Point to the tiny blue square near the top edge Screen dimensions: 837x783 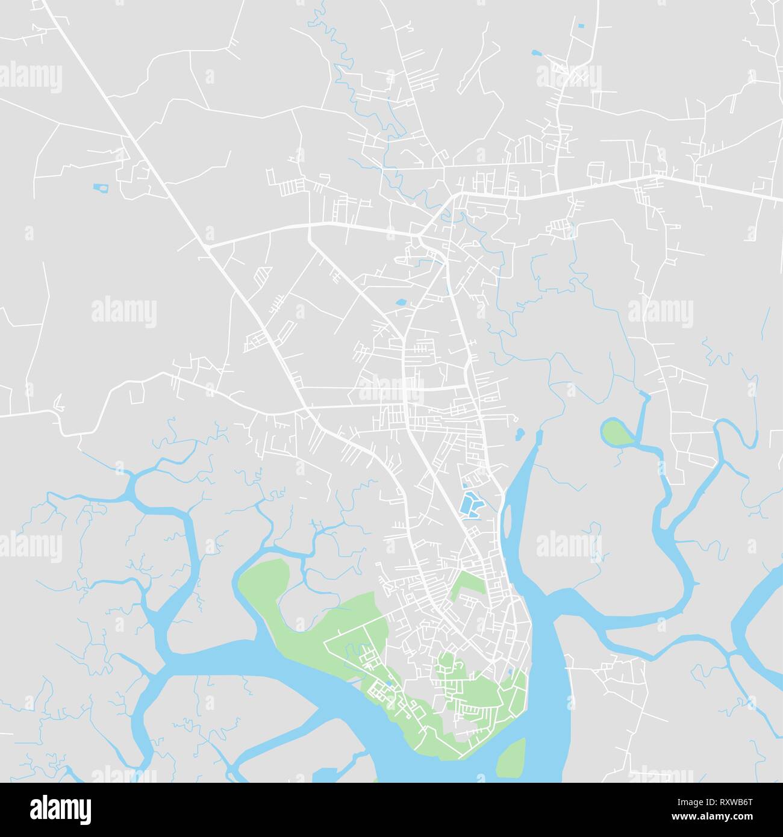click(x=580, y=26)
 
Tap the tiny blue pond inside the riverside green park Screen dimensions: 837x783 click(x=510, y=671)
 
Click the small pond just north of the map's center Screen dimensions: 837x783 click(x=401, y=302)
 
